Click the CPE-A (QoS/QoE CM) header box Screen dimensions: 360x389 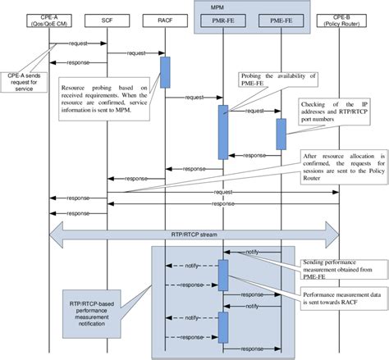[50, 19]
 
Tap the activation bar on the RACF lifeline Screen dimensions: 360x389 [164, 71]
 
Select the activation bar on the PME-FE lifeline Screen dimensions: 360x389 [281, 133]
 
